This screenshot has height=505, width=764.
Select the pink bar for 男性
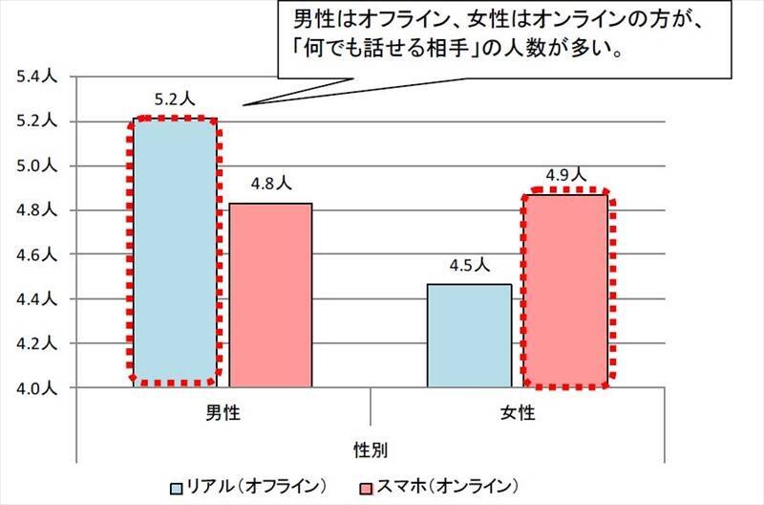270,295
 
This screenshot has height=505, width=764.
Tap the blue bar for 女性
469,335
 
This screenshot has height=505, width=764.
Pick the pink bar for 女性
565,290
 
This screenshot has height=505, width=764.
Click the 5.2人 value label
173,99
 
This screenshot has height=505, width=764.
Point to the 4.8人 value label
269,184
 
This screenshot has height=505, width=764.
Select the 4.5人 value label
469,265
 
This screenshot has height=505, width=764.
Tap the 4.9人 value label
565,175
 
